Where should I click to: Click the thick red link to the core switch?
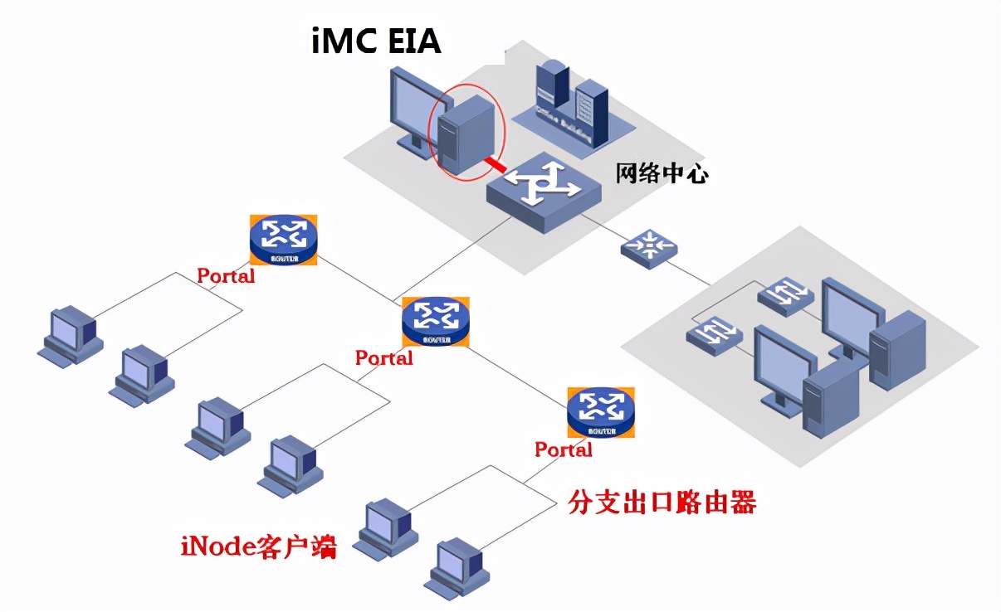495,164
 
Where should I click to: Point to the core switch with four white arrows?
544,190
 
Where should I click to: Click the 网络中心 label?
661,173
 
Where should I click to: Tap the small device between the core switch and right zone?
648,246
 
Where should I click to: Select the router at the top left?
283,240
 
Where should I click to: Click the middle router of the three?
435,320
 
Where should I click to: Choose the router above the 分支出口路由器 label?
601,411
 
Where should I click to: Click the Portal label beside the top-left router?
226,276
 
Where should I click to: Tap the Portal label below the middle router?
383,358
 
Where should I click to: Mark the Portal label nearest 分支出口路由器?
563,449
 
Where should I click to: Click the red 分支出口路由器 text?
662,503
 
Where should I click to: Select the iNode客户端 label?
258,546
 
